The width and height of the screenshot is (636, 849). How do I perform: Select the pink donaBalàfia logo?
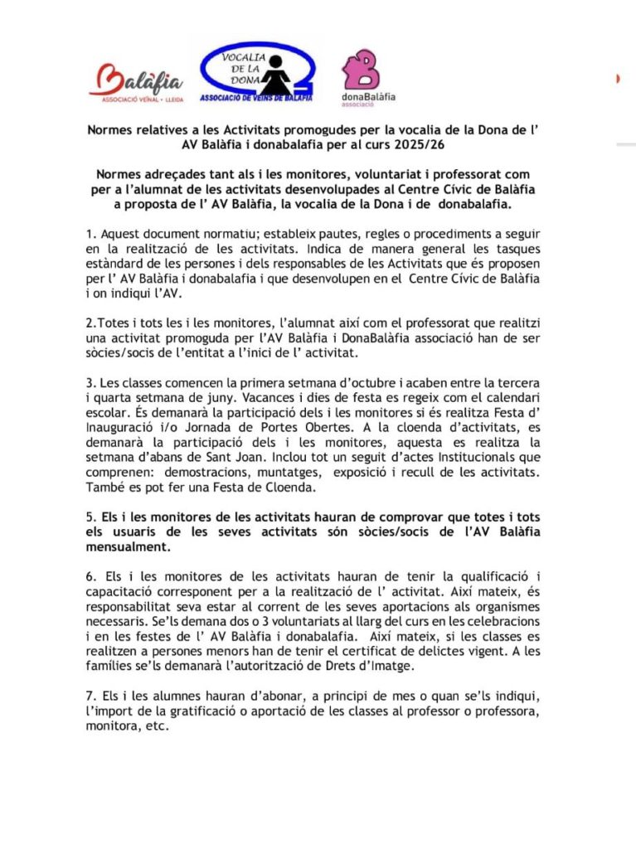(367, 77)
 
